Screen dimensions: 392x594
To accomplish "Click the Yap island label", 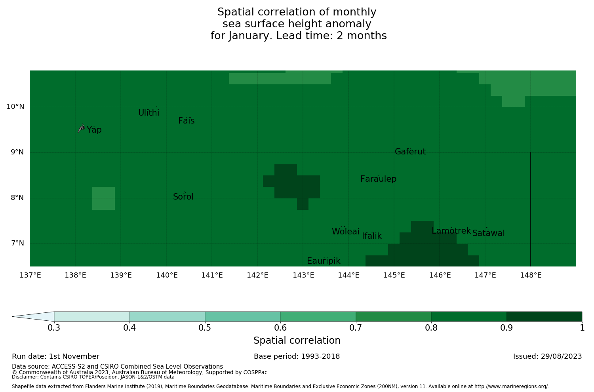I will click(x=94, y=130).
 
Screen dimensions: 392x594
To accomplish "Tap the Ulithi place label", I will click(x=149, y=113).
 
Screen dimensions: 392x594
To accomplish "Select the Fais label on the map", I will click(x=187, y=121).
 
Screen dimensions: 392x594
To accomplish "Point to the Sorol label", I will click(x=183, y=197).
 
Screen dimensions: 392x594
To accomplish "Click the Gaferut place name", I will click(x=410, y=152).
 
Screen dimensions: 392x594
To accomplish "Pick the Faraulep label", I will click(x=378, y=179).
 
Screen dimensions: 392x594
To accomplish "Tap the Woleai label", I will click(x=346, y=232).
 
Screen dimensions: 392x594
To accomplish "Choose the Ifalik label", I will click(x=372, y=236).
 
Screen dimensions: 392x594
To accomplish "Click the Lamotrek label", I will click(x=451, y=231).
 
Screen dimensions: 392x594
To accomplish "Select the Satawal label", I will click(x=489, y=233).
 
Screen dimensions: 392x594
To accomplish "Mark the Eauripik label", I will click(x=324, y=261).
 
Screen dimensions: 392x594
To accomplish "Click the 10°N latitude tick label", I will click(x=15, y=107).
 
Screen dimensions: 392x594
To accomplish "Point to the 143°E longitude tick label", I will click(x=303, y=275).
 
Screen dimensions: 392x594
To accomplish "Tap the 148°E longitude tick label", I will click(x=531, y=275).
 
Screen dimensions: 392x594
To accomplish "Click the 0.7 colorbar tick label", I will click(x=356, y=328).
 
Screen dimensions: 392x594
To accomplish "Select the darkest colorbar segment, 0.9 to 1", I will click(x=544, y=316).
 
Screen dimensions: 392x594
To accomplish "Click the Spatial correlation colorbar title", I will click(x=297, y=341).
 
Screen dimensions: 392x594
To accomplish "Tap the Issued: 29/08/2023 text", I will click(x=547, y=356).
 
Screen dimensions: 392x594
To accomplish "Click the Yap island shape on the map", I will click(x=81, y=128).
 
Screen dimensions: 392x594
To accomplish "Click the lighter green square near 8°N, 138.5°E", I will click(x=103, y=198).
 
